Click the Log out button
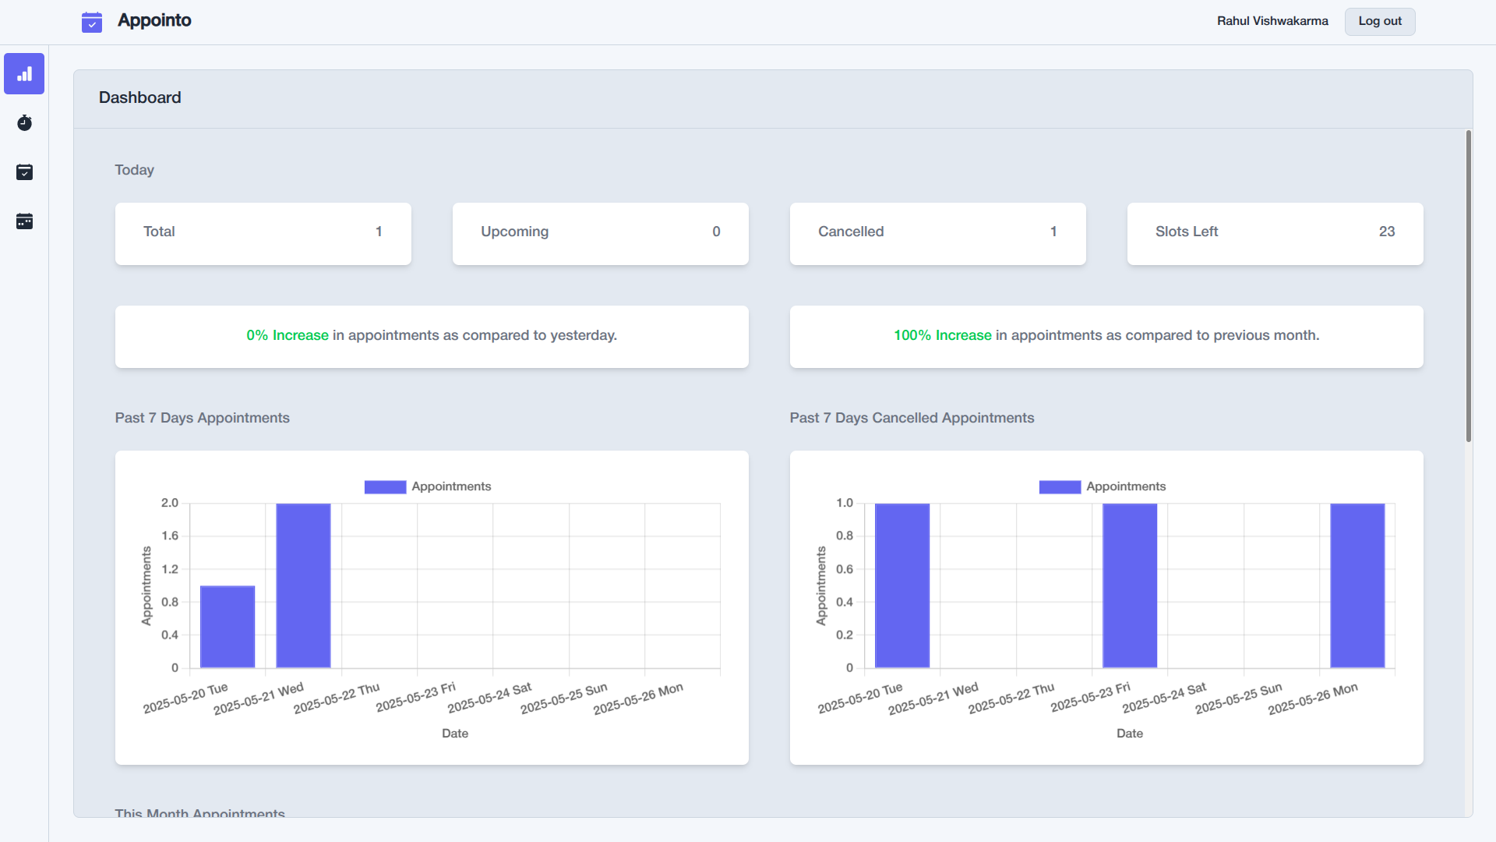click(1379, 21)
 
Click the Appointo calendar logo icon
click(92, 22)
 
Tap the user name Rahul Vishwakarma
click(1272, 21)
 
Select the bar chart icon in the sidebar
click(24, 74)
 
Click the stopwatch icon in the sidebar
click(24, 123)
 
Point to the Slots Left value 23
click(1386, 232)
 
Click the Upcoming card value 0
click(716, 232)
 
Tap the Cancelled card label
click(850, 232)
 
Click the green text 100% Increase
click(942, 335)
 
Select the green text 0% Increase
click(288, 335)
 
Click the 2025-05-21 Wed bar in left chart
click(303, 586)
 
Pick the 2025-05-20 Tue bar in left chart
click(228, 627)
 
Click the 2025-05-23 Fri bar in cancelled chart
click(1130, 586)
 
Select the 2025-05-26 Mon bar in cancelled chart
click(1357, 586)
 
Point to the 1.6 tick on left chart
click(170, 536)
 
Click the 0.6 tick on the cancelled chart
click(845, 569)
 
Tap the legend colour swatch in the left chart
click(385, 486)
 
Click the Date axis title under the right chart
click(1129, 734)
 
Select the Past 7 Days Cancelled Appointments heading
click(912, 418)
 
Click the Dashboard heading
click(140, 97)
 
